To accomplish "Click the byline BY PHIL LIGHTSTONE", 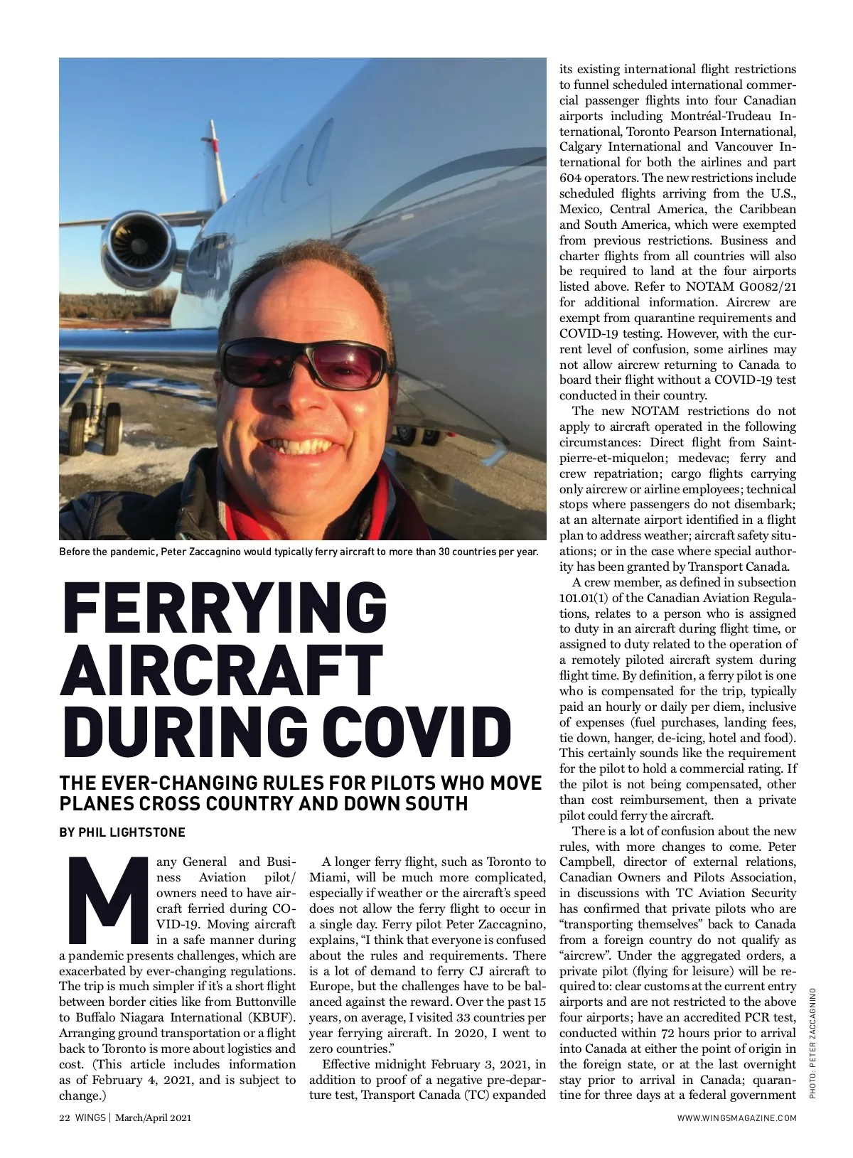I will (122, 832).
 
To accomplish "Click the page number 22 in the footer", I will (64, 1118).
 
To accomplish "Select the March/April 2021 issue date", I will (154, 1118).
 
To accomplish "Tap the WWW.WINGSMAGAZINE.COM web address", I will (736, 1118).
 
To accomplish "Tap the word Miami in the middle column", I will (326, 877).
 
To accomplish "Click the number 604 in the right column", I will (570, 178).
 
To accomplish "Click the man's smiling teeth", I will (308, 448).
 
